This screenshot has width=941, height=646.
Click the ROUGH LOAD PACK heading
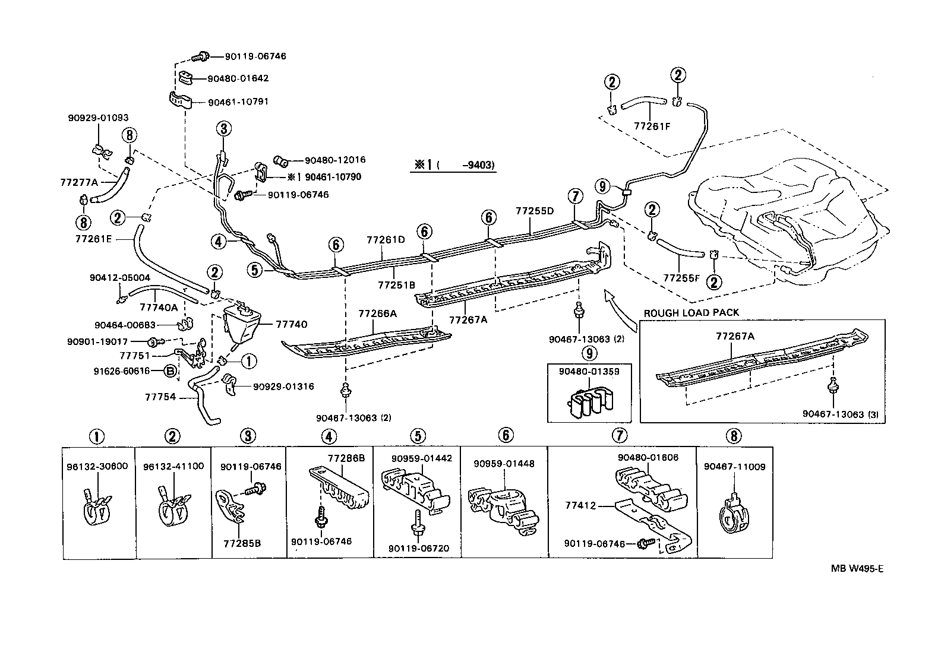[x=691, y=313]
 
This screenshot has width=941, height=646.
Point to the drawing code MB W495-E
[x=857, y=569]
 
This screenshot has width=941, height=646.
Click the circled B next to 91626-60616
[x=170, y=372]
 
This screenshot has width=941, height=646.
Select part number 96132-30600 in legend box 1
[x=99, y=466]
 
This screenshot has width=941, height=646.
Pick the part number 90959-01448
[x=504, y=464]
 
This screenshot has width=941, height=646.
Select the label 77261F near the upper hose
[x=651, y=126]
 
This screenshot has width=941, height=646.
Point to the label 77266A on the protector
[x=377, y=313]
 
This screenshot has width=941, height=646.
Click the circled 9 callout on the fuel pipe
[x=603, y=186]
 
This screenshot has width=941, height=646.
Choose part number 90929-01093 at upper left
[x=98, y=118]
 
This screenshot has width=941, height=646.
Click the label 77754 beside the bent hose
[x=160, y=397]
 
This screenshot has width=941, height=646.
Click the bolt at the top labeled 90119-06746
[x=202, y=56]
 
